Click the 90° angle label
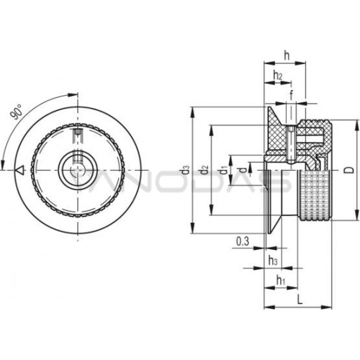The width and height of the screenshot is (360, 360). pos(16,112)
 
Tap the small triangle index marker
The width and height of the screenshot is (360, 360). pos(19,170)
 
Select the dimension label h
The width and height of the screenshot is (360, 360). pos(287,55)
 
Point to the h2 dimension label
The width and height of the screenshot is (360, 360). pos(278,75)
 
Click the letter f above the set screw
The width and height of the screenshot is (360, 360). pos(291,95)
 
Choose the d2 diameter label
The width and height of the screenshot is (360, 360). pos(204,170)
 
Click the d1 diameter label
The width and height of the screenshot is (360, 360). pos(224,171)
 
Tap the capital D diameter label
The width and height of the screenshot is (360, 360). pos(351,170)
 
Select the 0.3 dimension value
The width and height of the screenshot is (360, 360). pos(243,241)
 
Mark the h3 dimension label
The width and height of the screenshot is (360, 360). pos(273,260)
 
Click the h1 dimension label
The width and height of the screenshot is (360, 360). pos(281,280)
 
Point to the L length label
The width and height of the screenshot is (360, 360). pos(300,300)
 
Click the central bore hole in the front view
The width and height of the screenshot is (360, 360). pos(78,170)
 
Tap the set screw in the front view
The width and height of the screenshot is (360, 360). pos(78,136)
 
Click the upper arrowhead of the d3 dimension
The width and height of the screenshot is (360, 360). pos(192,112)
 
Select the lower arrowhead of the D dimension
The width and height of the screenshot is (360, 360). pos(356,215)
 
